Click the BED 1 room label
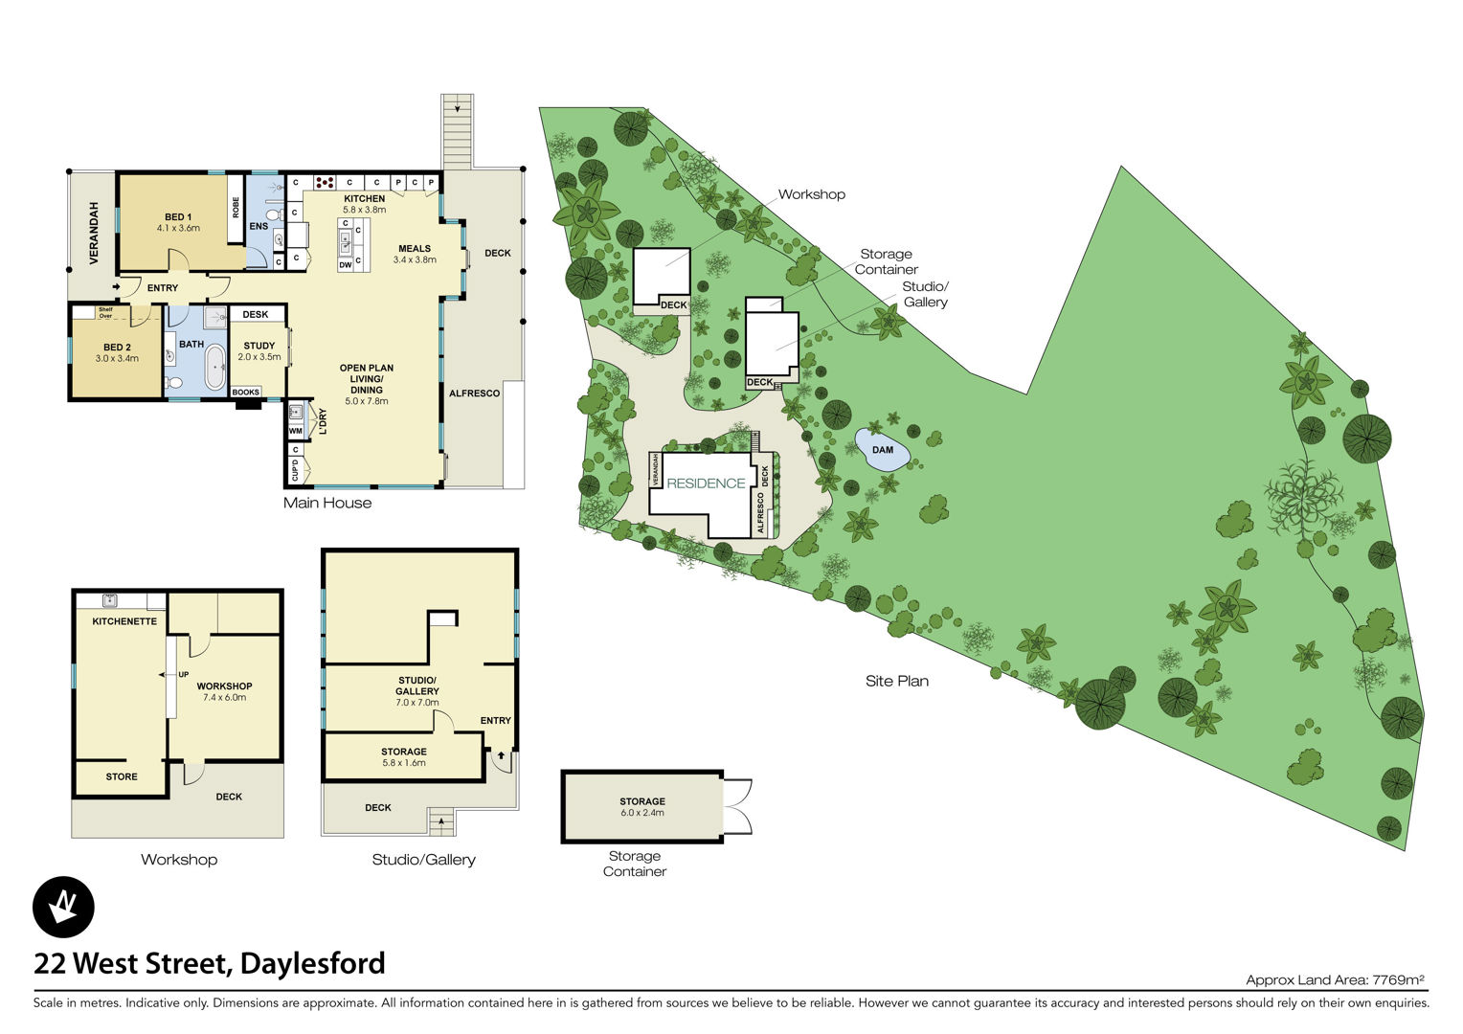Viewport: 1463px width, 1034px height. click(178, 217)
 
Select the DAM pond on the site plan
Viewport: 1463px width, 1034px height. click(883, 449)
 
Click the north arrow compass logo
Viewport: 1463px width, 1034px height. click(63, 908)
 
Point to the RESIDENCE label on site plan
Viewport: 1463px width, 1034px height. click(706, 483)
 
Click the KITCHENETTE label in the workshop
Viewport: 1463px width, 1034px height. click(124, 621)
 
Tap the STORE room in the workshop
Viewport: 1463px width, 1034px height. click(122, 776)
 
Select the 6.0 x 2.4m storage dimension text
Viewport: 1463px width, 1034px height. click(642, 813)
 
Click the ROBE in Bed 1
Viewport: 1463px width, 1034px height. click(236, 208)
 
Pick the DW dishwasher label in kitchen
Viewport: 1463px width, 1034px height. click(346, 264)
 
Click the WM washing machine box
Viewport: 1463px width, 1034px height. click(296, 431)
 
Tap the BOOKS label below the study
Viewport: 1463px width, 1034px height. click(245, 392)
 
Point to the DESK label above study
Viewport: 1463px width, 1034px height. click(256, 314)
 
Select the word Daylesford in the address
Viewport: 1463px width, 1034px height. click(313, 964)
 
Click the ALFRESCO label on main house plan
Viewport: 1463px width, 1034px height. click(474, 393)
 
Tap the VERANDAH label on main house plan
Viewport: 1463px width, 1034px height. click(94, 234)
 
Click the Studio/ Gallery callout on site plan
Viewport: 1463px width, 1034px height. click(926, 294)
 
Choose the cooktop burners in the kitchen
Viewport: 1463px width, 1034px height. click(325, 182)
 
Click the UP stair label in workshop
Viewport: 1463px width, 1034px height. click(184, 675)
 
